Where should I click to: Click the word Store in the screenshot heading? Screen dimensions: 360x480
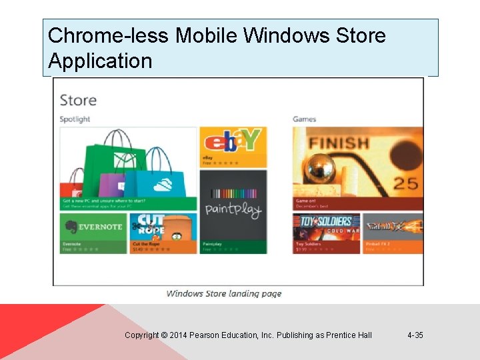coord(78,101)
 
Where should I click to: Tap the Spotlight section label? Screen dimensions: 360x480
coord(75,119)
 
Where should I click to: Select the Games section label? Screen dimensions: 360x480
coord(304,119)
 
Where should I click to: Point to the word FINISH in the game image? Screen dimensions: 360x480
coord(339,143)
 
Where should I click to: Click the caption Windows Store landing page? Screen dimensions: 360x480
coord(224,293)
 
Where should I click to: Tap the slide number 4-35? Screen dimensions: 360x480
coord(415,335)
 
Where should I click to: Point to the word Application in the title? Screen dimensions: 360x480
coord(100,61)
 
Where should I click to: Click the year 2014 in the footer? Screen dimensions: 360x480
coord(179,335)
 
